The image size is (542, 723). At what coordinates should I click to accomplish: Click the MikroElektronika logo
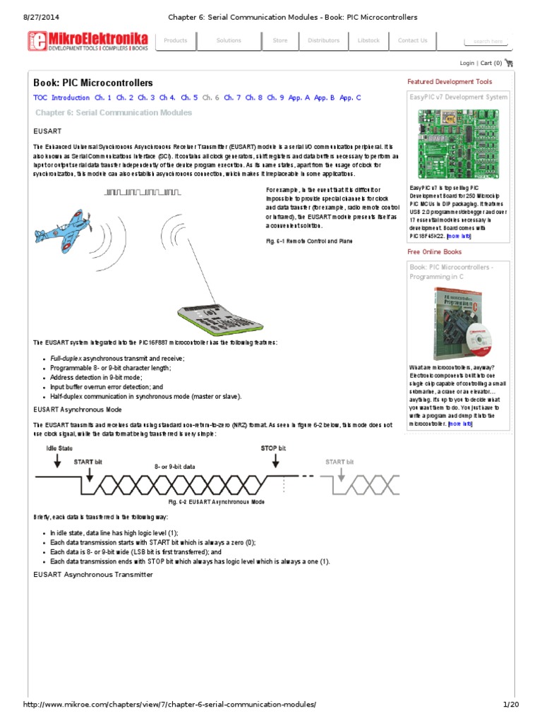tap(88, 41)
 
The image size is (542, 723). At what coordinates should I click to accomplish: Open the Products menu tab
tap(176, 41)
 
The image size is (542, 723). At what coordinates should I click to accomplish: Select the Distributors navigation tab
tap(323, 41)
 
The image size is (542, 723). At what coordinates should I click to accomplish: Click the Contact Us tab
tap(413, 41)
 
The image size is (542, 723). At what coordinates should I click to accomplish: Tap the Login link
tap(466, 63)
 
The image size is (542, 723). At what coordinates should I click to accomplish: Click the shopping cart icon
tap(510, 63)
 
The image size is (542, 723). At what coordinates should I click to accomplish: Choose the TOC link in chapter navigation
tap(40, 98)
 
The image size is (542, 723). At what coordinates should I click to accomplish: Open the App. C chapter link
tap(350, 98)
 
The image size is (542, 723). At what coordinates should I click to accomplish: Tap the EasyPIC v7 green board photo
tap(458, 144)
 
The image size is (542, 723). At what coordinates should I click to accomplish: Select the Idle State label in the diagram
tap(59, 448)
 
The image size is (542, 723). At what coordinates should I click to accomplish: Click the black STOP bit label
tap(273, 448)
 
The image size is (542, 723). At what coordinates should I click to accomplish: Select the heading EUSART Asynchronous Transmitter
tap(93, 575)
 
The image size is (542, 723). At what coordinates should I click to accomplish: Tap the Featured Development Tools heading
tap(450, 82)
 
